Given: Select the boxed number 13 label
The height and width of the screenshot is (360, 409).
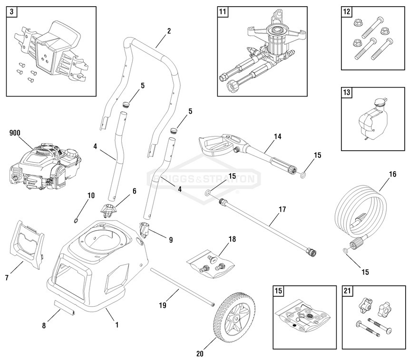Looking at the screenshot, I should [x=347, y=93].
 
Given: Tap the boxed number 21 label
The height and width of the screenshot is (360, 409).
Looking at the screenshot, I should [x=347, y=292].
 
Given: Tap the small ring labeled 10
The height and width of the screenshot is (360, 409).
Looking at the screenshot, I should [x=76, y=220].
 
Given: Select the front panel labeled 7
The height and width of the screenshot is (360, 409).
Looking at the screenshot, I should [x=27, y=243].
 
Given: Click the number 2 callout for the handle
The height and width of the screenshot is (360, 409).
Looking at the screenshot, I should [x=169, y=31].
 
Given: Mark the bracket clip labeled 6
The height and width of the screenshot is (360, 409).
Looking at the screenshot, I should [x=109, y=209].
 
